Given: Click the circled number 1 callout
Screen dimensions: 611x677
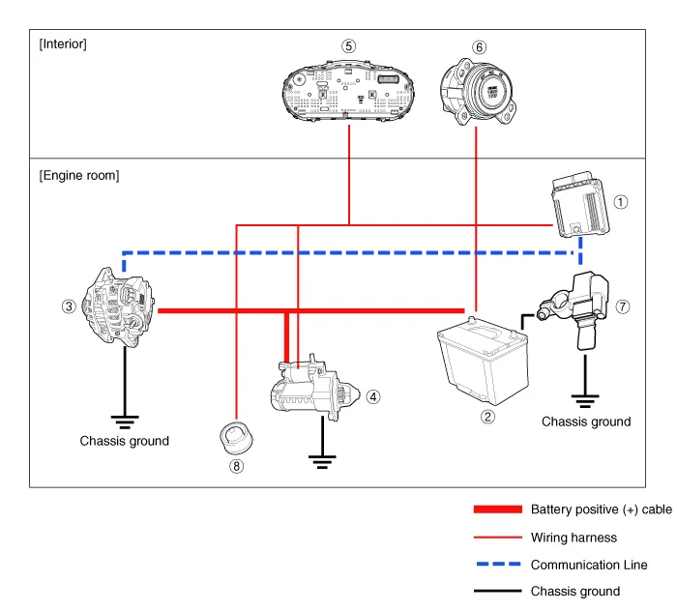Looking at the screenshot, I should tap(621, 202).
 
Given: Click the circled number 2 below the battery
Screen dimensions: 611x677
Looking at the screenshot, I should tap(488, 417).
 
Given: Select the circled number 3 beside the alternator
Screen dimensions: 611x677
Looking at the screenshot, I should tap(68, 306).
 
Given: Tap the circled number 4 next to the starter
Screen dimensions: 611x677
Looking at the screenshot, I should tap(373, 396).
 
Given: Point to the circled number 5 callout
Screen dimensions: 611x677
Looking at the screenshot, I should tap(348, 45).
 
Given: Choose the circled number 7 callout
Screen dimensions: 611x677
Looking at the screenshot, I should tap(623, 306).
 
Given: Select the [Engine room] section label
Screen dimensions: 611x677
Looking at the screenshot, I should tap(79, 175).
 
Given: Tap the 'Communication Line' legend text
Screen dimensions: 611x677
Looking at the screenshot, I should tap(589, 565).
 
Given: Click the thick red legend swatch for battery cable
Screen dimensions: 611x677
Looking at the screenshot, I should tap(497, 509).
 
